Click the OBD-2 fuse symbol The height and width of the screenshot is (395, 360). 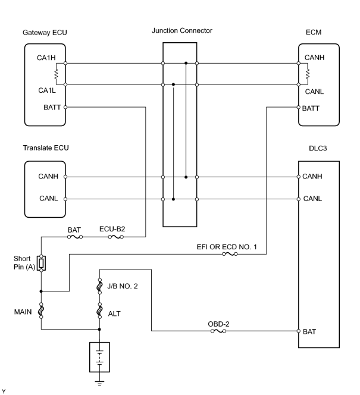(218, 331)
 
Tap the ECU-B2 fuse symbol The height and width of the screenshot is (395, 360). (115, 237)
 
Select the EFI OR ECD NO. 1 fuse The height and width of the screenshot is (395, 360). (230, 254)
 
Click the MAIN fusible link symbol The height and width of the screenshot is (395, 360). (41, 311)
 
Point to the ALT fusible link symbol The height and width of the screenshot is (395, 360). (99, 311)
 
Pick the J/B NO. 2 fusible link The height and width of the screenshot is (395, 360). (99, 286)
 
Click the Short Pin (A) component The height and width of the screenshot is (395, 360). (41, 264)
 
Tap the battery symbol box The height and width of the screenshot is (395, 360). (99, 357)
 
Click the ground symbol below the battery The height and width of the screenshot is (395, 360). (99, 384)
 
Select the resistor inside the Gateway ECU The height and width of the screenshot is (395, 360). (56, 74)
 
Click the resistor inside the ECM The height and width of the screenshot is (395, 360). (308, 74)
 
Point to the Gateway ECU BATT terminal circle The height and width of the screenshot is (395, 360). (65, 107)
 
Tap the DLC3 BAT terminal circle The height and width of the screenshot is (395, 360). (298, 331)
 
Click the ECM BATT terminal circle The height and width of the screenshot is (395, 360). (298, 107)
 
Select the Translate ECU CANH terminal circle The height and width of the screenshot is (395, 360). (65, 177)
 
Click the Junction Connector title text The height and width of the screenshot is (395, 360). (182, 30)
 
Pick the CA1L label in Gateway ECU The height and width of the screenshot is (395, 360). (47, 90)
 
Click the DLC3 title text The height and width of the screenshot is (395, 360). (318, 148)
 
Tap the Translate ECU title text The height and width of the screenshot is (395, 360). (46, 148)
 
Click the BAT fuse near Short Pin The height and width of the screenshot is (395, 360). (75, 237)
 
